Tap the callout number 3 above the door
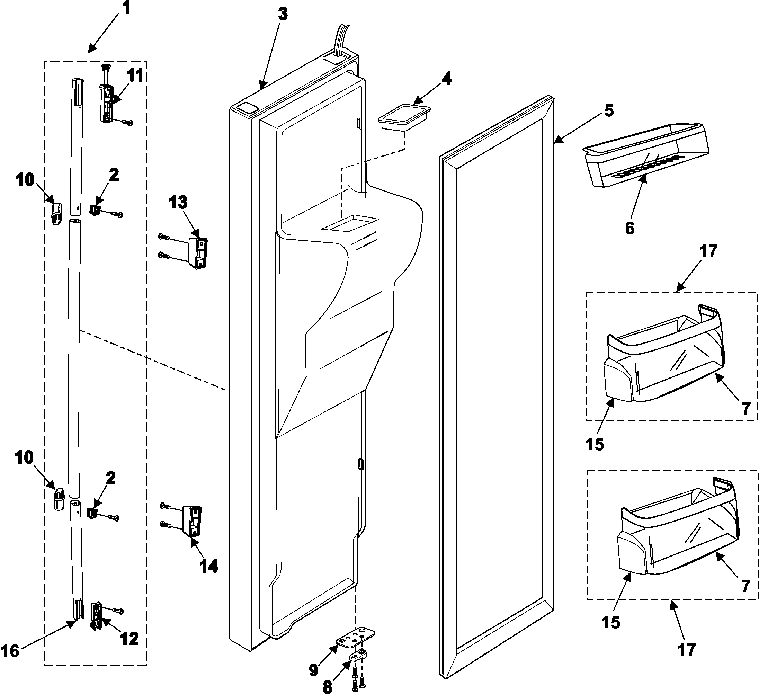282,14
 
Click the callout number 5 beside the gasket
609,110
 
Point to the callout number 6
629,228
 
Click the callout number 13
178,203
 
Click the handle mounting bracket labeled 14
193,521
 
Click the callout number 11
135,76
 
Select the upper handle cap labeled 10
56,214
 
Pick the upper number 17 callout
708,251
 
